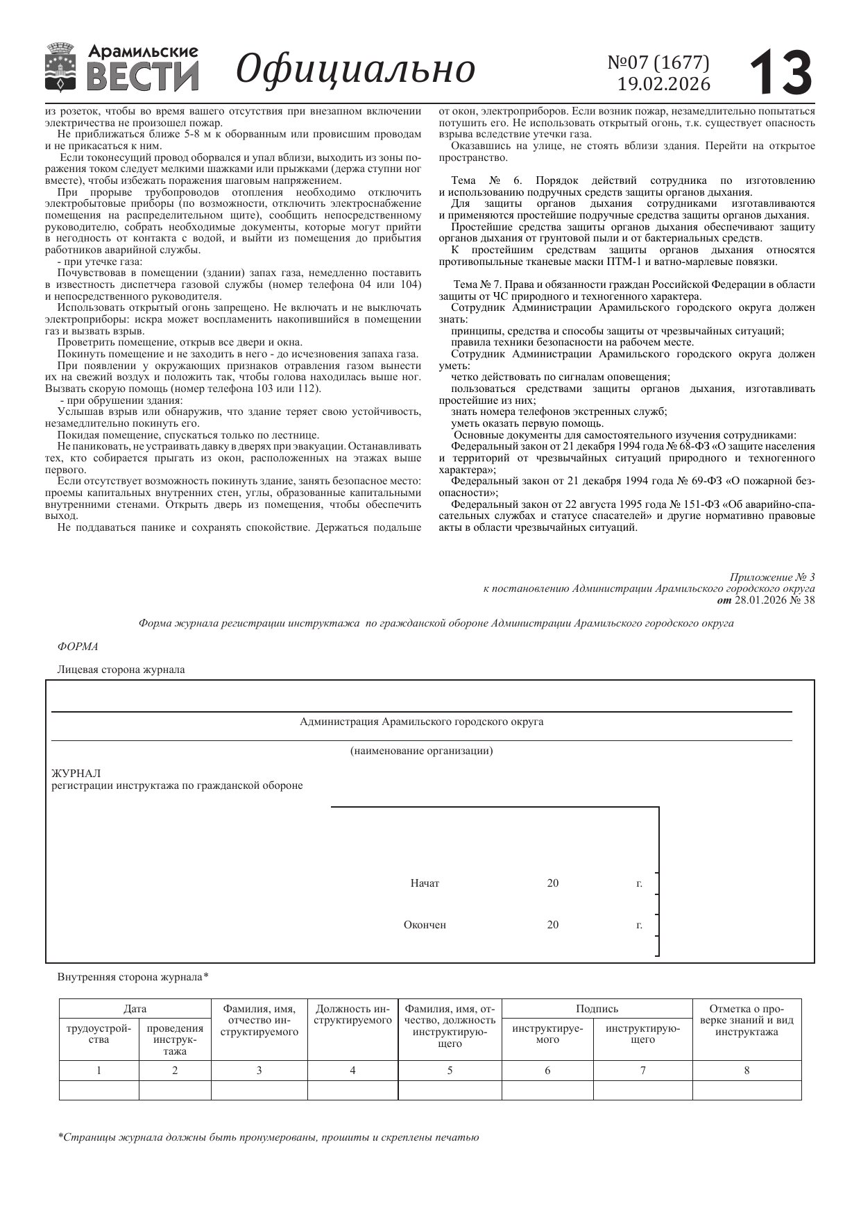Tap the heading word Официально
(x=355, y=69)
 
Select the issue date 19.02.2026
(x=664, y=84)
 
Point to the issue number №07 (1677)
(x=658, y=62)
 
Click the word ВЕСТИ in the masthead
(x=143, y=76)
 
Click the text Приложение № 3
(x=772, y=577)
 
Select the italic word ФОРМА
(x=78, y=647)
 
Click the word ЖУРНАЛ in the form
(x=76, y=773)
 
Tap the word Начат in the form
(x=425, y=883)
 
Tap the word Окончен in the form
(x=425, y=925)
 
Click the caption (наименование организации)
(x=421, y=751)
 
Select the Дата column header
(x=135, y=1009)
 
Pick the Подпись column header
(x=597, y=1009)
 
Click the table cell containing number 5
(x=450, y=1071)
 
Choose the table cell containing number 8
(x=747, y=1071)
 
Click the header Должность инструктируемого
(x=352, y=1014)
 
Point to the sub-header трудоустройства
(x=99, y=1034)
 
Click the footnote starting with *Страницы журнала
(x=268, y=1138)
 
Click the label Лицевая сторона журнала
(x=121, y=670)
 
